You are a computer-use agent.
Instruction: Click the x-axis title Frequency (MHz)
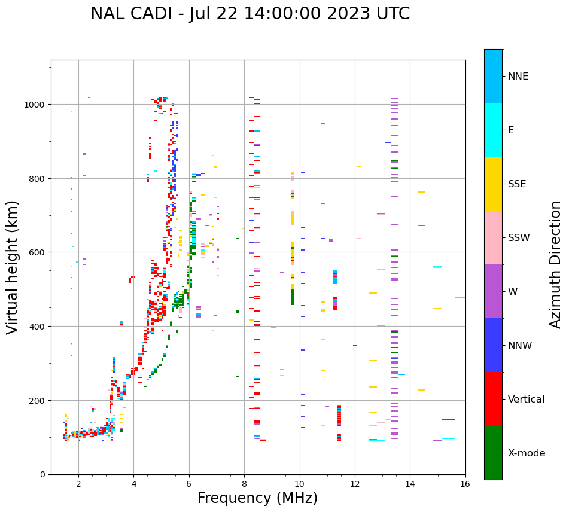coord(257,498)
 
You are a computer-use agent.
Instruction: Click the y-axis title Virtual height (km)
coord(13,267)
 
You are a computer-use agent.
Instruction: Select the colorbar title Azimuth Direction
coord(555,264)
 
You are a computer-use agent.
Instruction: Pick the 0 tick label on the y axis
coord(43,474)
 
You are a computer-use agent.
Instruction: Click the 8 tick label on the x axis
coord(244,484)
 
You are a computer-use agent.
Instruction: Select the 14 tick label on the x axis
coord(410,484)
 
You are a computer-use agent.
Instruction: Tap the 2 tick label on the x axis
coord(78,484)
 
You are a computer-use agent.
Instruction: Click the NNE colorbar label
coord(518,77)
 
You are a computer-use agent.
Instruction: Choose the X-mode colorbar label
coord(527,453)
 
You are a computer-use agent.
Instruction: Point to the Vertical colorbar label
coord(526,400)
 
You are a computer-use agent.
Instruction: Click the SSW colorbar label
coord(519,238)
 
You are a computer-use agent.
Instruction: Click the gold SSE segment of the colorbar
coord(493,184)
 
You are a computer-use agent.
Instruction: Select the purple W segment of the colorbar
coord(493,291)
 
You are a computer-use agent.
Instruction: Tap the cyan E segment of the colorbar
coord(493,130)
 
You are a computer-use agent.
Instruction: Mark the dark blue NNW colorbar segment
coord(493,345)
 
